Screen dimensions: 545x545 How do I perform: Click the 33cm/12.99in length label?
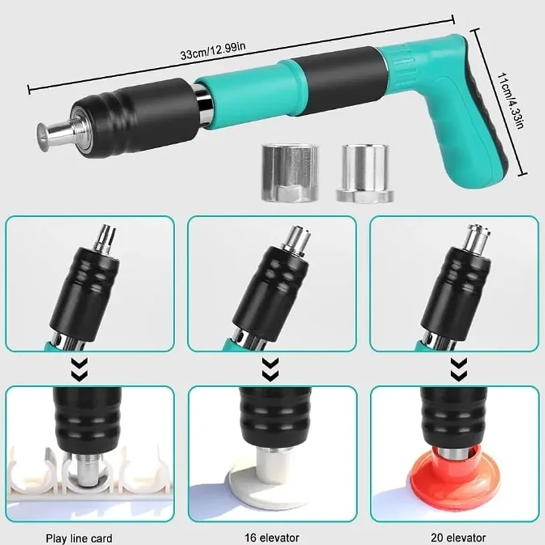pyautogui.click(x=213, y=50)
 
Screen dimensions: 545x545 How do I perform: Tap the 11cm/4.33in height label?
pyautogui.click(x=510, y=100)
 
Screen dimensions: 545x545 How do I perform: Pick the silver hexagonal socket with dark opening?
pyautogui.click(x=290, y=172)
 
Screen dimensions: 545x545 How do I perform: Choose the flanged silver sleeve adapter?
pyautogui.click(x=365, y=173)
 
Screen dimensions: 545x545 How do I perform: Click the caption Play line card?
pyautogui.click(x=79, y=538)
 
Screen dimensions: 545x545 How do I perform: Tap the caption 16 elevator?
pyautogui.click(x=272, y=538)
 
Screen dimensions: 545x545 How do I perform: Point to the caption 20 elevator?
pyautogui.click(x=458, y=538)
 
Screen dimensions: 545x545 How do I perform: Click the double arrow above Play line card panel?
pyautogui.click(x=80, y=369)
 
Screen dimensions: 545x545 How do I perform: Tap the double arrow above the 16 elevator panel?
pyautogui.click(x=270, y=369)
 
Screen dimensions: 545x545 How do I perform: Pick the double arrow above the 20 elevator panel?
pyautogui.click(x=458, y=369)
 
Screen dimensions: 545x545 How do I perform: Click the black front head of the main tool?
pyautogui.click(x=136, y=118)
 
